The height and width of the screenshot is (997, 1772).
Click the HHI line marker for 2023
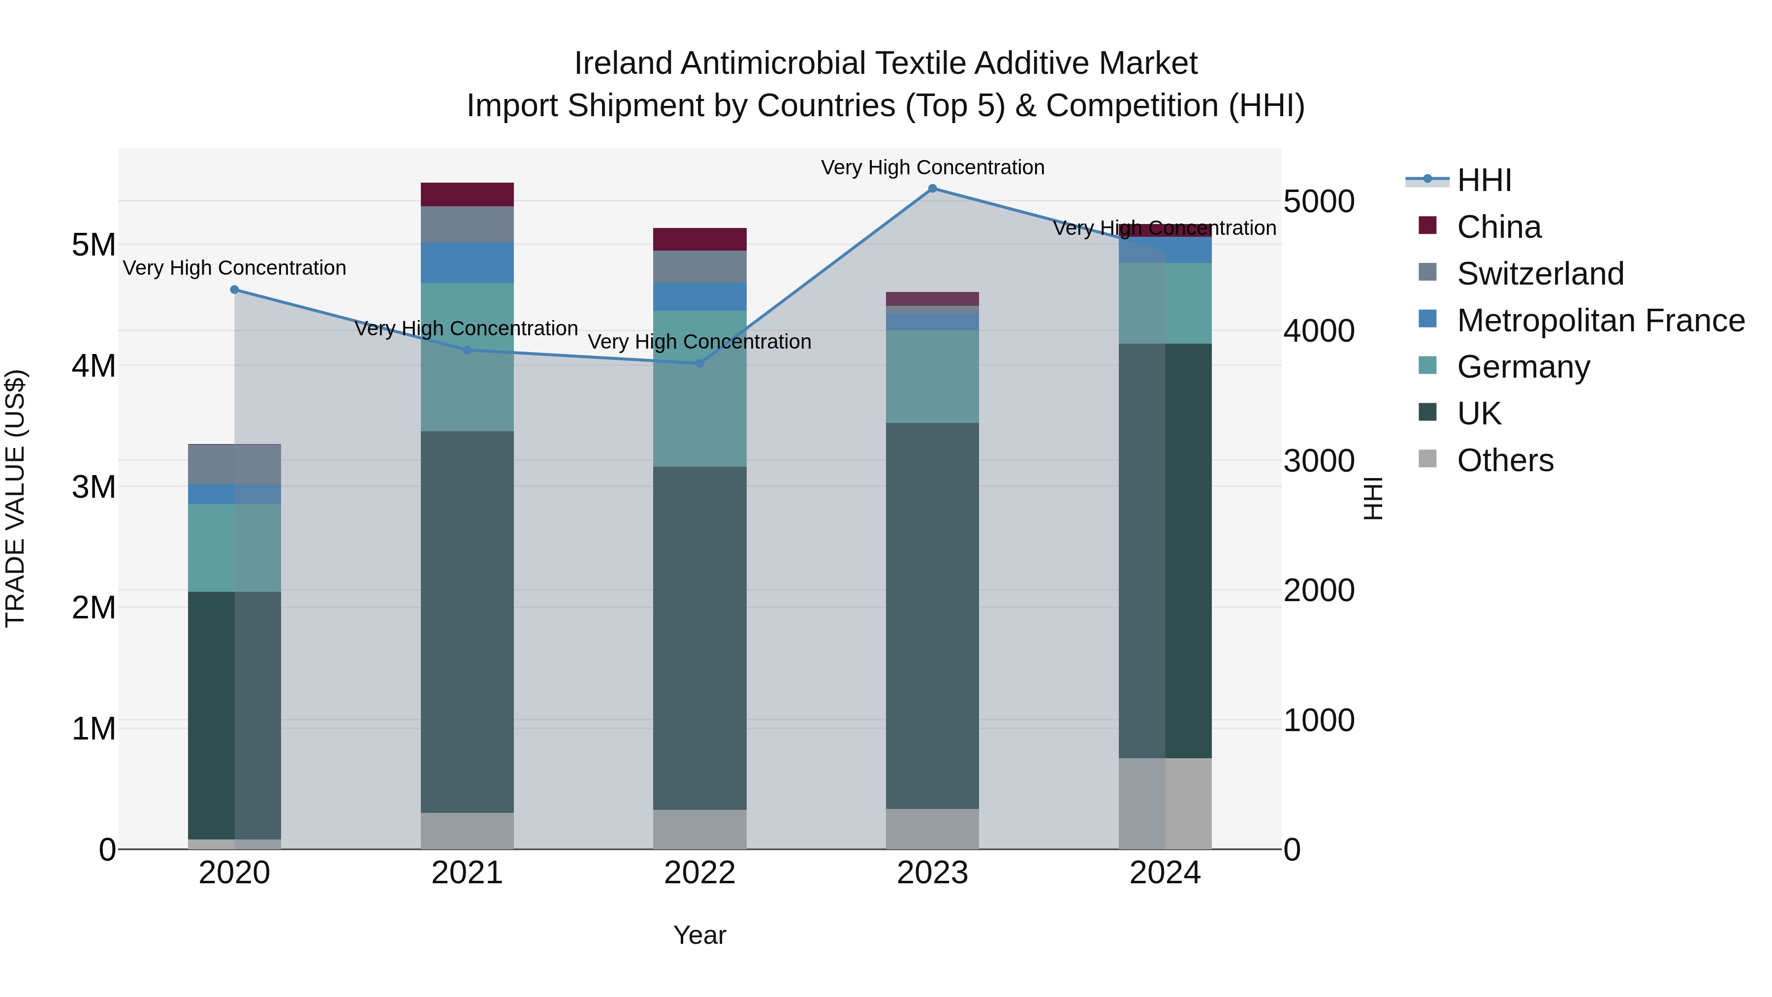coord(932,189)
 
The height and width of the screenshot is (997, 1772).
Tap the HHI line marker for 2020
coord(235,289)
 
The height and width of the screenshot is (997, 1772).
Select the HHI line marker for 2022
coord(699,363)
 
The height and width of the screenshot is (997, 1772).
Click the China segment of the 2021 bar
coord(467,194)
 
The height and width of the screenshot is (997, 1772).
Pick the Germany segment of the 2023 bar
coord(932,376)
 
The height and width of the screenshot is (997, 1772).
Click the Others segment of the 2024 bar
coord(1165,803)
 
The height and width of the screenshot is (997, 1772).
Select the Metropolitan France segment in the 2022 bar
coord(699,296)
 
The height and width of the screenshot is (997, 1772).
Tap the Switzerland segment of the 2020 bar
coord(235,464)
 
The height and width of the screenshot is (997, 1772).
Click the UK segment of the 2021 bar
coord(467,622)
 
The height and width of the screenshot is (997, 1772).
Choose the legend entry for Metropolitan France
coord(1601,321)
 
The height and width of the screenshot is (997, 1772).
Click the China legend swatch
coord(1427,225)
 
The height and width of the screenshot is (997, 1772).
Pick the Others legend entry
coord(1505,460)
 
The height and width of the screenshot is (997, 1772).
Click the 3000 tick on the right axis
coord(1319,461)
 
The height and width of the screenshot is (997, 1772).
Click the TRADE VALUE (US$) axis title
coord(15,498)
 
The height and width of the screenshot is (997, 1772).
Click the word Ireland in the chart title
coord(623,64)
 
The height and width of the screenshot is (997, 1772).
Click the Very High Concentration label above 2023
coord(932,168)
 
